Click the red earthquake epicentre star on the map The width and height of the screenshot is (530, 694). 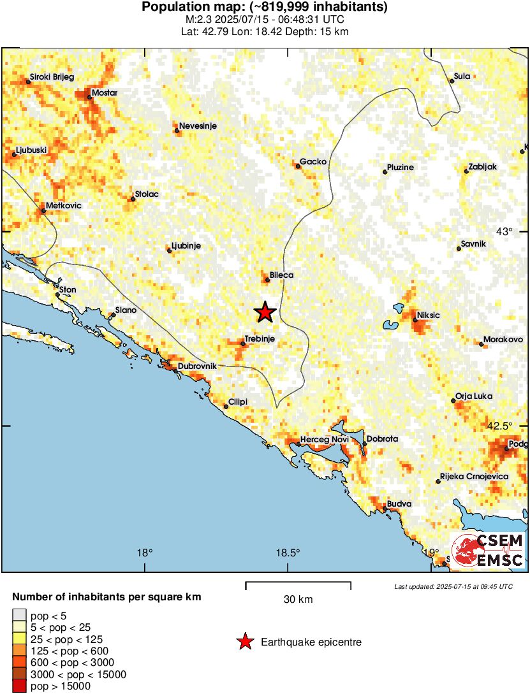click(265, 312)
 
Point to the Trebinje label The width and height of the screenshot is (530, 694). click(260, 339)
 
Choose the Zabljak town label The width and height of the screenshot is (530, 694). click(482, 167)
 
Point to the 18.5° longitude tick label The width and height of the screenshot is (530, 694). click(288, 553)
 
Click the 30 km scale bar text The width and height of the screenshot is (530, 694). click(298, 600)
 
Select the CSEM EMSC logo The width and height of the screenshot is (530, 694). click(488, 551)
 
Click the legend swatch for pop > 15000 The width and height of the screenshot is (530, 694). click(19, 686)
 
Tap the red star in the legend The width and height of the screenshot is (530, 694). click(245, 642)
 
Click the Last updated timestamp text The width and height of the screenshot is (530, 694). click(453, 586)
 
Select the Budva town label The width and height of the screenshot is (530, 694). click(399, 504)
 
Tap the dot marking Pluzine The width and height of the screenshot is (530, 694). click(385, 171)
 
